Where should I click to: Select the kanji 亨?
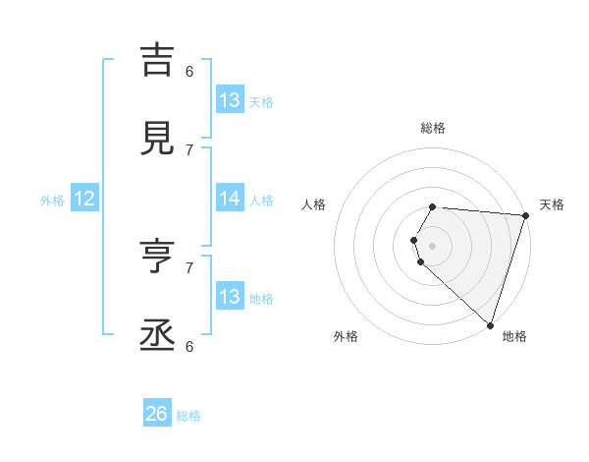tap(157, 258)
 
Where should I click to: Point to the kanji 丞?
tap(157, 335)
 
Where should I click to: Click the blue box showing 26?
tap(157, 415)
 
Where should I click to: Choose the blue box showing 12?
tap(84, 200)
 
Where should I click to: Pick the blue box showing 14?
tap(229, 199)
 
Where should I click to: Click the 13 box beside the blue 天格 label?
tap(229, 100)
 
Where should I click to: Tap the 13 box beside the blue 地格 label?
tap(229, 297)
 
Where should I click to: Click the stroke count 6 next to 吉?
tap(189, 71)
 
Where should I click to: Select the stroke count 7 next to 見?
tap(189, 149)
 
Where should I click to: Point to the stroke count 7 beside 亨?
tap(189, 267)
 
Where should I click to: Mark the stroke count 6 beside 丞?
tap(189, 346)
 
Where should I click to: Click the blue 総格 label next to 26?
tap(188, 416)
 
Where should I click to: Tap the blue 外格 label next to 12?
tap(52, 201)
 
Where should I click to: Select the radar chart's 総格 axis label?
tap(433, 128)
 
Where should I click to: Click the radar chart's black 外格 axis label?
tap(346, 336)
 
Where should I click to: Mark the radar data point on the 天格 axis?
tap(525, 215)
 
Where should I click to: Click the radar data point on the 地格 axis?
tap(490, 324)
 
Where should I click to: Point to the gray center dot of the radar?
tap(433, 245)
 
